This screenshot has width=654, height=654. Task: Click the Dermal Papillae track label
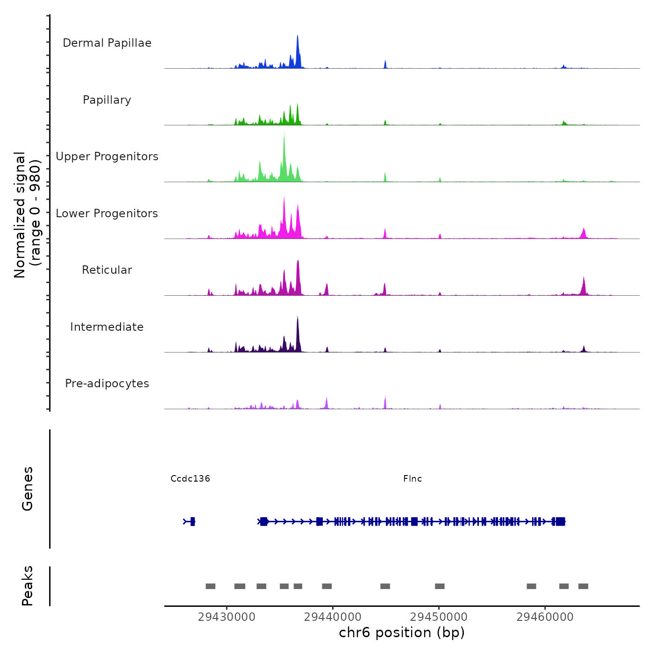[x=107, y=43]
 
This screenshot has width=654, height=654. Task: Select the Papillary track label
[x=107, y=100]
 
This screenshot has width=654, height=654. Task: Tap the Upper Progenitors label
[x=107, y=156]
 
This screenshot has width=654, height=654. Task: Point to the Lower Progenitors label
[x=107, y=213]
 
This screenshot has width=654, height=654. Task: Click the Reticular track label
[x=107, y=270]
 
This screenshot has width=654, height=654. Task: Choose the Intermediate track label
[x=107, y=327]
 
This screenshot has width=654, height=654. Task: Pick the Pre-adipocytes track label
[x=107, y=384]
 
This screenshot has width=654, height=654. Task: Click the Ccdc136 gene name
[x=190, y=479]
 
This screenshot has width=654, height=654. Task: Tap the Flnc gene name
[x=412, y=479]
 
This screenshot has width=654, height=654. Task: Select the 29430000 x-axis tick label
[x=227, y=617]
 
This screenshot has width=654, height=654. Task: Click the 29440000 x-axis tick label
[x=333, y=617]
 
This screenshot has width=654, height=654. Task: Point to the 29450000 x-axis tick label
[x=439, y=617]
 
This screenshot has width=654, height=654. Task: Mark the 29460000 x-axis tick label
[x=545, y=617]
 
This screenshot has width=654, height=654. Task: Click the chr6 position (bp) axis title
[x=402, y=633]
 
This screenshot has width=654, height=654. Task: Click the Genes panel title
[x=28, y=489]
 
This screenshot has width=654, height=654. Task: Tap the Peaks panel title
[x=28, y=586]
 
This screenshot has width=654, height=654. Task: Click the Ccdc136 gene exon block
[x=192, y=522]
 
